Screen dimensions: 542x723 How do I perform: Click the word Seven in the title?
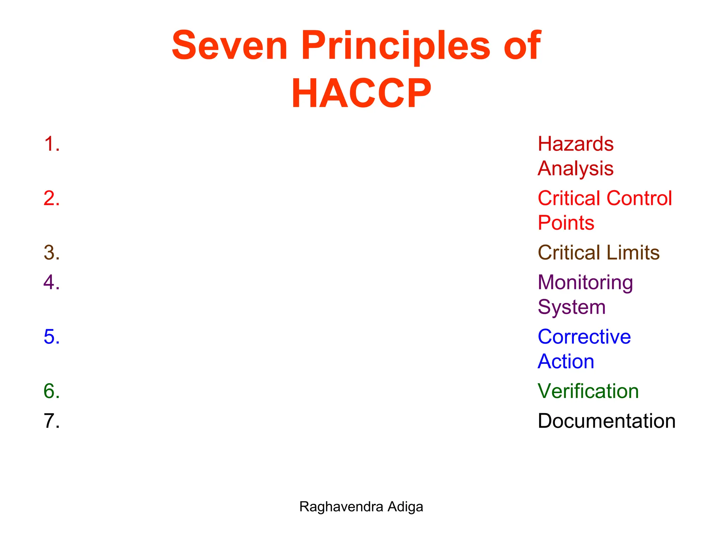[229, 46]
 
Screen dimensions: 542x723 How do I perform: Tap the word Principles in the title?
[396, 46]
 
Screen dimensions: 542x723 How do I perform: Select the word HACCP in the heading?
[361, 93]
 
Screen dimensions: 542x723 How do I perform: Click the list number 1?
[52, 144]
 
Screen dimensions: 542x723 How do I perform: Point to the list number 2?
[52, 198]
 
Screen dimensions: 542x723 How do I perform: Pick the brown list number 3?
[52, 253]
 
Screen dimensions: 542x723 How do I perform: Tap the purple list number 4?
[52, 282]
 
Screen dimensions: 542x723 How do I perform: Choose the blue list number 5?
[52, 337]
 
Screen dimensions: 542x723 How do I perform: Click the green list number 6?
[52, 391]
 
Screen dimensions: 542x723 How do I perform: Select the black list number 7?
[52, 421]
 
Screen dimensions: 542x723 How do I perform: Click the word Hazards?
[575, 144]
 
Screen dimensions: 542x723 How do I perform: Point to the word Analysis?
[575, 168]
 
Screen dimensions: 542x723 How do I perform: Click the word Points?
[566, 223]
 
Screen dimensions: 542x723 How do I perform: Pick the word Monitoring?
[585, 283]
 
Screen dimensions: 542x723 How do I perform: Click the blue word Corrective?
[584, 337]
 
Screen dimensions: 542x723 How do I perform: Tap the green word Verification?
[588, 391]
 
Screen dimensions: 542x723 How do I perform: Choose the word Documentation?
[607, 421]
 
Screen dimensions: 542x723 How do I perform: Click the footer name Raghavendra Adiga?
[361, 507]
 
